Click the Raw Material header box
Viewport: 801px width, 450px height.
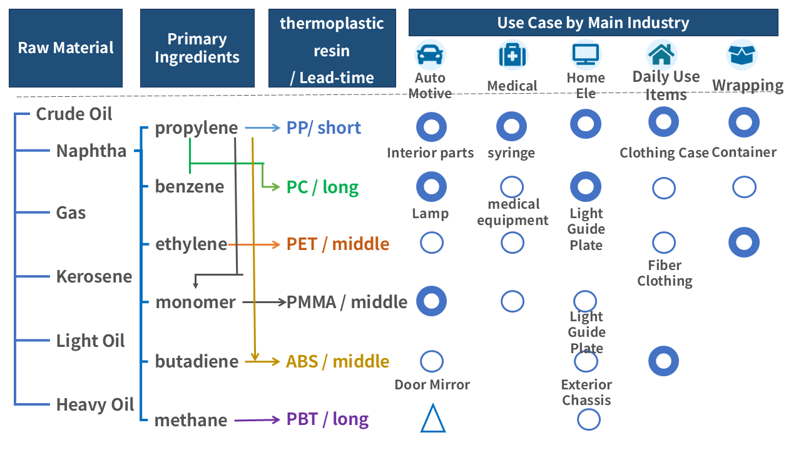point(66,48)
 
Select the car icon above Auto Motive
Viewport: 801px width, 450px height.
point(430,56)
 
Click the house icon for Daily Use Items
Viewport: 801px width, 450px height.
point(661,54)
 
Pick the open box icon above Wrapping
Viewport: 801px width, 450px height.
point(742,54)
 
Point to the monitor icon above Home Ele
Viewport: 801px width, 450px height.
point(586,55)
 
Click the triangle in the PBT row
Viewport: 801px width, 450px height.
point(432,418)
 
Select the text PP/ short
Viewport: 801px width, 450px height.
point(324,127)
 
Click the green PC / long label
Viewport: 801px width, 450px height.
point(322,187)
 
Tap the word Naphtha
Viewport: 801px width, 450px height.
point(91,151)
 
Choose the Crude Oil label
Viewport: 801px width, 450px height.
point(74,114)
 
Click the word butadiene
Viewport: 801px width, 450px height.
point(196,361)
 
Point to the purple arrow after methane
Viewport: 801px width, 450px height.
point(257,420)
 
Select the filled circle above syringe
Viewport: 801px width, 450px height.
point(512,127)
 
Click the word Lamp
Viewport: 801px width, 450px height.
point(430,214)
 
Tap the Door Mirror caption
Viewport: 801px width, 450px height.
point(432,384)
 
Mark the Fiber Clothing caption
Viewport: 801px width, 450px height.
point(665,273)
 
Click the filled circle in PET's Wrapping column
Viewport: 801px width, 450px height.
point(744,242)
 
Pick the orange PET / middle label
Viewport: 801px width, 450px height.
point(338,244)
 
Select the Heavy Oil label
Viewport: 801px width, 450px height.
point(95,404)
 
